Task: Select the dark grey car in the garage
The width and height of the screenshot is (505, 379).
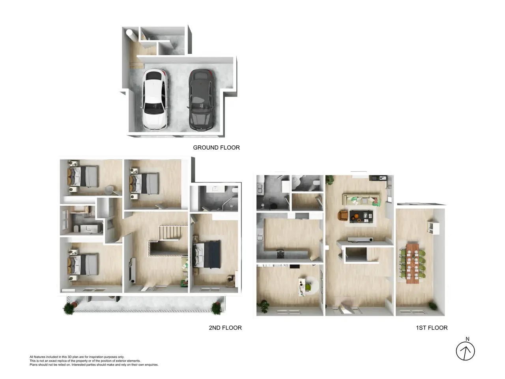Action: [202, 100]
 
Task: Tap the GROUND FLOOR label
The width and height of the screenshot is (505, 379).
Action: [216, 148]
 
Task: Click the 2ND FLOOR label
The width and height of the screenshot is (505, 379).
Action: [225, 328]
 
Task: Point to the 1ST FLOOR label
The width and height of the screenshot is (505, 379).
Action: [432, 328]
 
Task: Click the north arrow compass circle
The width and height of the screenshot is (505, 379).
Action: [465, 351]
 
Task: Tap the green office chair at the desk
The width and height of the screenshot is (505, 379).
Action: [308, 287]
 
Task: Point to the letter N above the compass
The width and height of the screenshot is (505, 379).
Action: [467, 339]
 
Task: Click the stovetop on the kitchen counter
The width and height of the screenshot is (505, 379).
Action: [280, 254]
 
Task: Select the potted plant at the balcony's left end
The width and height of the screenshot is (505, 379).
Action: [69, 309]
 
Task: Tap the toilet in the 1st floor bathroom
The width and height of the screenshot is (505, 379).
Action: [316, 183]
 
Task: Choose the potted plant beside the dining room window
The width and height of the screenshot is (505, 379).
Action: [432, 306]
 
